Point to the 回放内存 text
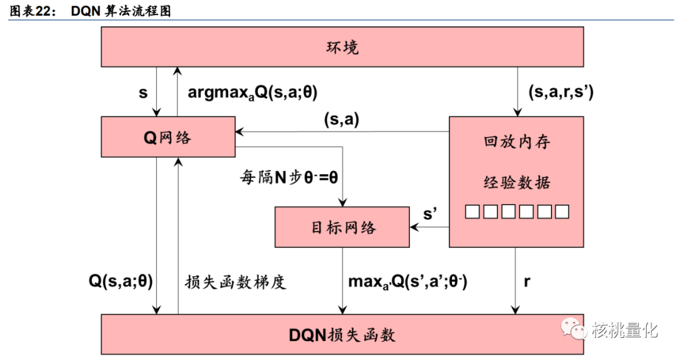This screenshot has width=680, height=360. click(516, 142)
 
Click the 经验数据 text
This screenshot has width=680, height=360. click(516, 183)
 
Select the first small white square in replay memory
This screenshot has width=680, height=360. click(472, 211)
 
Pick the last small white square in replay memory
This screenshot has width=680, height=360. click(562, 211)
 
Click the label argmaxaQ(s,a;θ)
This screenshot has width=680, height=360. click(252, 92)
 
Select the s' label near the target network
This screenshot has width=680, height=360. click(430, 213)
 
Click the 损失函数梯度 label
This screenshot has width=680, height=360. click(236, 281)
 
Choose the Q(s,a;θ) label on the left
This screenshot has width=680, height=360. click(120, 281)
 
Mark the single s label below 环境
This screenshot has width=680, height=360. click(143, 92)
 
